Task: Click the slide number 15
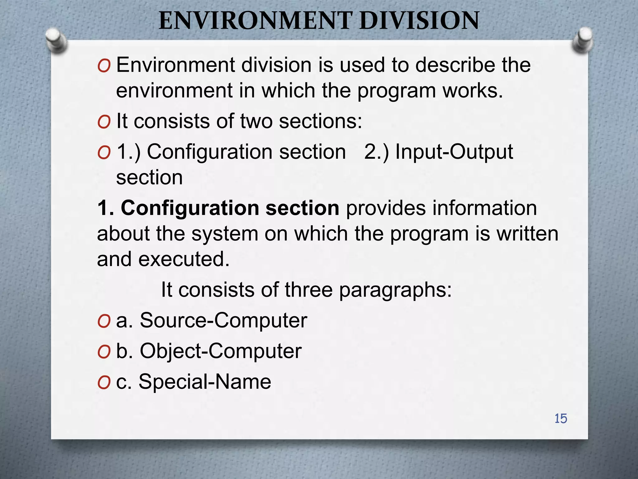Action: click(x=560, y=419)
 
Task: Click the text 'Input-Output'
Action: click(x=454, y=152)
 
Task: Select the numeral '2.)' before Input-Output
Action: click(x=376, y=152)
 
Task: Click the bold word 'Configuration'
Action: click(x=190, y=208)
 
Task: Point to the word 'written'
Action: click(x=527, y=234)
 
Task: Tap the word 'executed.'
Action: click(x=184, y=259)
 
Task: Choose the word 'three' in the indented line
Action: click(x=308, y=290)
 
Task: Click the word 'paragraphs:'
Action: click(x=395, y=290)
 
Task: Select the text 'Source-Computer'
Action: click(x=223, y=320)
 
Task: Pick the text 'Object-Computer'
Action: click(x=221, y=351)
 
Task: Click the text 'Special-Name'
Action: click(x=205, y=381)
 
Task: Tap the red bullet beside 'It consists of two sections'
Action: click(x=104, y=122)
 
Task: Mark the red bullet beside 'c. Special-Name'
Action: click(x=104, y=382)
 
